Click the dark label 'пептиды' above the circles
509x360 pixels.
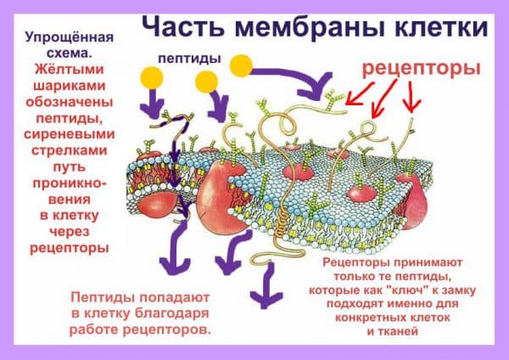(x=189, y=59)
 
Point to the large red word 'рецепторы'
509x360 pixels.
(x=421, y=70)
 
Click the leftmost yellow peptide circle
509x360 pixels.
(x=152, y=78)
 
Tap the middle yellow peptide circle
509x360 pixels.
(x=206, y=82)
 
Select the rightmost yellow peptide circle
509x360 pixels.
(x=241, y=65)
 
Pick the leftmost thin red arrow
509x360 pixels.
(x=359, y=94)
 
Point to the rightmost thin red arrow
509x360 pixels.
(x=411, y=97)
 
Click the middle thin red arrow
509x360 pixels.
(x=383, y=98)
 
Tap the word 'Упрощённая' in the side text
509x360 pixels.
(x=70, y=37)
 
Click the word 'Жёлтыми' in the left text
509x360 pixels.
(x=70, y=70)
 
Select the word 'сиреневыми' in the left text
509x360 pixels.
(x=70, y=134)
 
